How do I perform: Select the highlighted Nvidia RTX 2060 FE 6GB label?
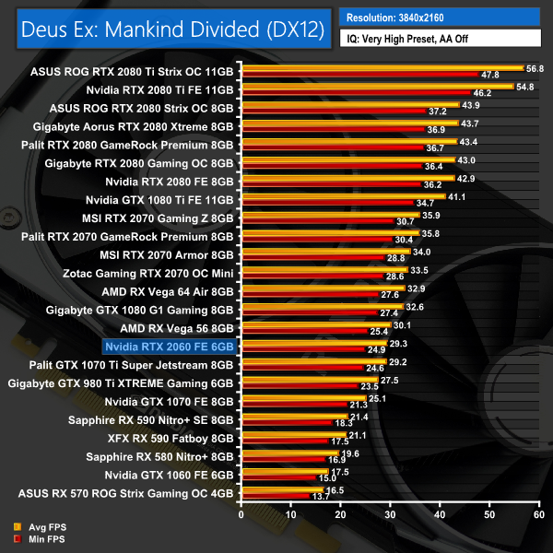[x=172, y=346]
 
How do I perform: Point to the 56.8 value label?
[x=535, y=67]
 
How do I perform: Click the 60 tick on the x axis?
[x=539, y=515]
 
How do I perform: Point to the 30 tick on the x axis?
[x=390, y=515]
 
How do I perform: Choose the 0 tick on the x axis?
[x=241, y=515]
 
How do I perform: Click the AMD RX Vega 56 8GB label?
[x=178, y=327]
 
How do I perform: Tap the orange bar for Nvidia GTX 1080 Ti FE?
[x=342, y=196]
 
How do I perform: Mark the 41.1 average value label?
[x=457, y=196]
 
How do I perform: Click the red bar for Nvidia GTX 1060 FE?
[x=277, y=478]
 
